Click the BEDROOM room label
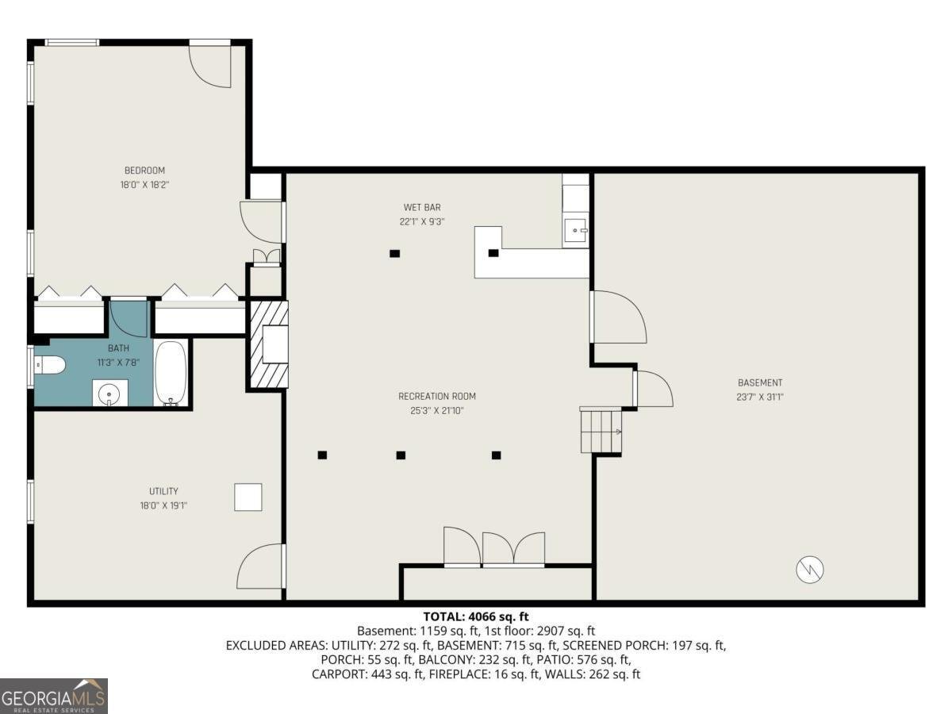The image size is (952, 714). tap(144, 171)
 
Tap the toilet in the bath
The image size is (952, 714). tap(50, 365)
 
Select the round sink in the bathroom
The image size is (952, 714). tap(110, 393)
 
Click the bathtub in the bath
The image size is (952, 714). tap(171, 374)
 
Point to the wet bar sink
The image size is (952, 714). tap(576, 232)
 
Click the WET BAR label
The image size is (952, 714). tap(421, 208)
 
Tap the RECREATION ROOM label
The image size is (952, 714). tap(437, 396)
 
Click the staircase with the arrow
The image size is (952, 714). tap(601, 431)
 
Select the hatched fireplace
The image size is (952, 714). tap(267, 344)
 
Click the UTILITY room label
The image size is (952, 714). tap(163, 491)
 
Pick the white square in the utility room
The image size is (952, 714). tap(248, 497)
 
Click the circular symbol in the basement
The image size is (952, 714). tap(810, 569)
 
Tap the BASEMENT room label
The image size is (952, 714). tap(760, 382)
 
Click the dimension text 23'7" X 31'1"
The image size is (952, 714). tap(760, 397)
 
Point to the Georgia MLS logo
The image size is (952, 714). tap(54, 696)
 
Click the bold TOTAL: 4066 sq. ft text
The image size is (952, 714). tap(476, 616)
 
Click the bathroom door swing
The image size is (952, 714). tap(127, 317)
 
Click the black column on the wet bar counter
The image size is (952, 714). tap(493, 253)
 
